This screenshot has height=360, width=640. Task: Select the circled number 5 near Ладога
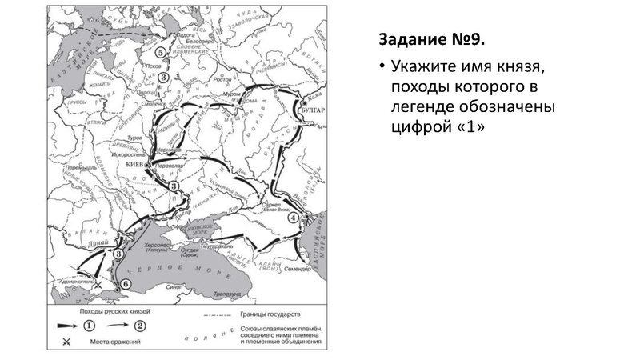162,52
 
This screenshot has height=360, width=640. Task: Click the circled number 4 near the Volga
294,216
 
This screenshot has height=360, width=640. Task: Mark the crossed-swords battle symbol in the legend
65,342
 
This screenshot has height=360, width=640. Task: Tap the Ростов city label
223,80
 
